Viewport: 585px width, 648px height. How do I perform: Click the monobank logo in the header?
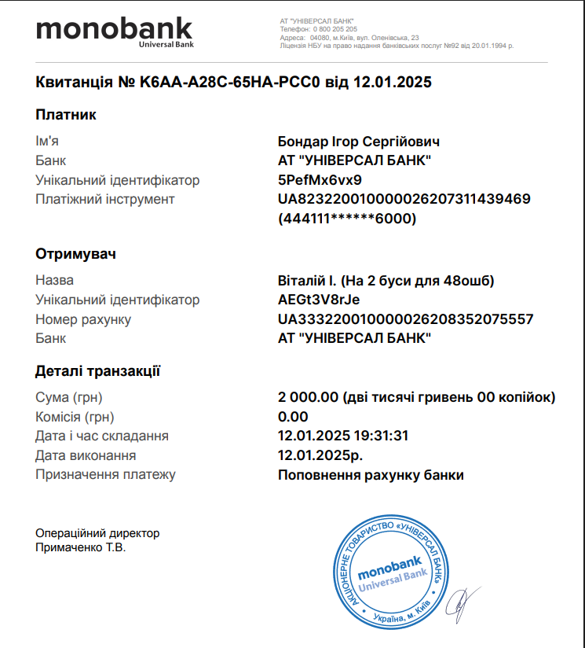[x=114, y=31]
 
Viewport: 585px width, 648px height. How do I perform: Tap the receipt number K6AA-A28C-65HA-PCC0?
[x=227, y=82]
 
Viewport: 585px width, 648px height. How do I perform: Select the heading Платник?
[x=66, y=115]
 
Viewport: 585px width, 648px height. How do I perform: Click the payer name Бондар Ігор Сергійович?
[x=358, y=142]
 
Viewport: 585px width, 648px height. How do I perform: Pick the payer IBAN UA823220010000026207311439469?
[x=404, y=199]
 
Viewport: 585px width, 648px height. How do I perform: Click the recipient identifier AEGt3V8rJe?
[x=318, y=300]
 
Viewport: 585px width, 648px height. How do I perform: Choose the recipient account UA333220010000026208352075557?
[x=405, y=319]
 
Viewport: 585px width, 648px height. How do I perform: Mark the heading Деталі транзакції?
[x=98, y=371]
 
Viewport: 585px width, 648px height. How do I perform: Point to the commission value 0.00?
[x=293, y=417]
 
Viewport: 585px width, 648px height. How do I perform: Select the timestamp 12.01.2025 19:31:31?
[x=343, y=436]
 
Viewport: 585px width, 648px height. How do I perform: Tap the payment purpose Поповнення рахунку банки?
[x=371, y=475]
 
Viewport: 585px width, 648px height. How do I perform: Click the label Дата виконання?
[x=86, y=455]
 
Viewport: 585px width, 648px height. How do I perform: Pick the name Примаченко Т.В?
[x=81, y=547]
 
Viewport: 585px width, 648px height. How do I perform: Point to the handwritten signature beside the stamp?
[x=466, y=602]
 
